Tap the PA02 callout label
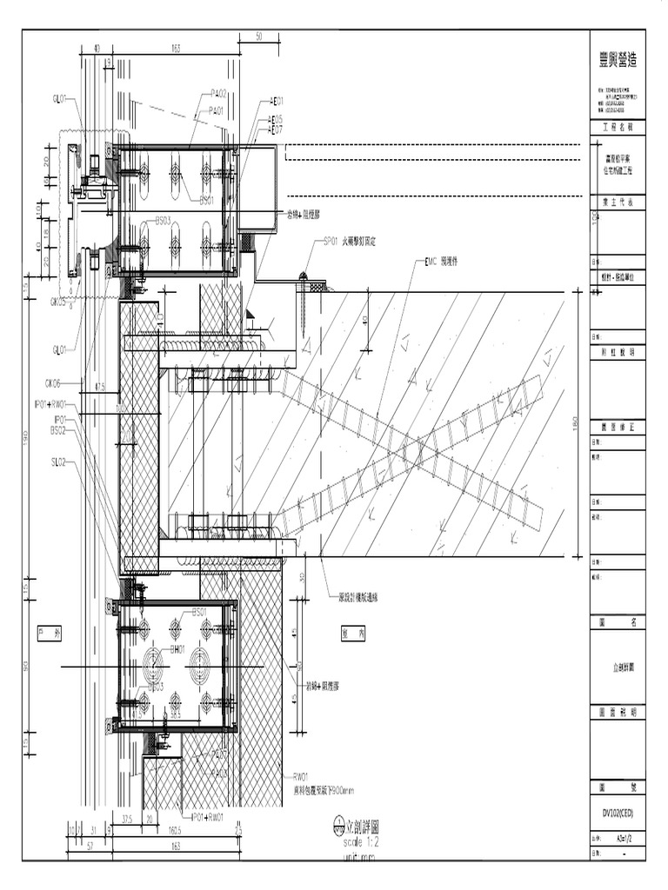218,93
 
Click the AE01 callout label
277,101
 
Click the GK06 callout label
52,382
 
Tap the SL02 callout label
58,462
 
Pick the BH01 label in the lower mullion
177,648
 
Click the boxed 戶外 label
50,634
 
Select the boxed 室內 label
353,634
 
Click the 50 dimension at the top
258,37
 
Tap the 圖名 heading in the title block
618,622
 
